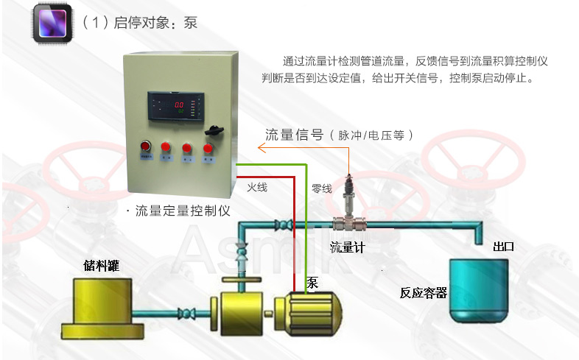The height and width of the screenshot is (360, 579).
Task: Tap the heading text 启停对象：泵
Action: point(140,23)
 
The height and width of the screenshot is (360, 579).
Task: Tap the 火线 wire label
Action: point(257,188)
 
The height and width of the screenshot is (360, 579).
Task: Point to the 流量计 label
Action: point(348,247)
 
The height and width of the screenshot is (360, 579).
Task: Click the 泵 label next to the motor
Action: point(312,282)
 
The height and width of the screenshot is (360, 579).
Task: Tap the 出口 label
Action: point(503,247)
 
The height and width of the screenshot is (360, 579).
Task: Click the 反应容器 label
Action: point(424,292)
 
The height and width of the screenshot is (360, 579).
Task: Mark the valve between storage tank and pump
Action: point(188,313)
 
